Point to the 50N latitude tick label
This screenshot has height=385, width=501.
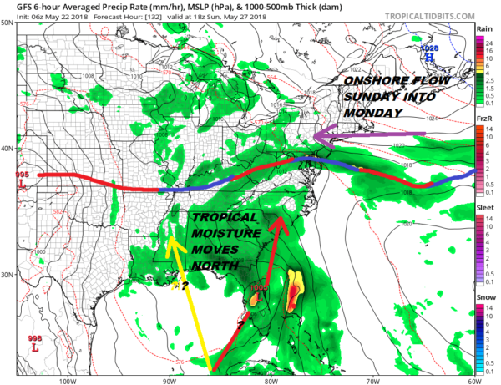click(x=8, y=23)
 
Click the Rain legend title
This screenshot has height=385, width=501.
click(x=483, y=29)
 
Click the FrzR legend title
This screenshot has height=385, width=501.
click(x=483, y=119)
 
